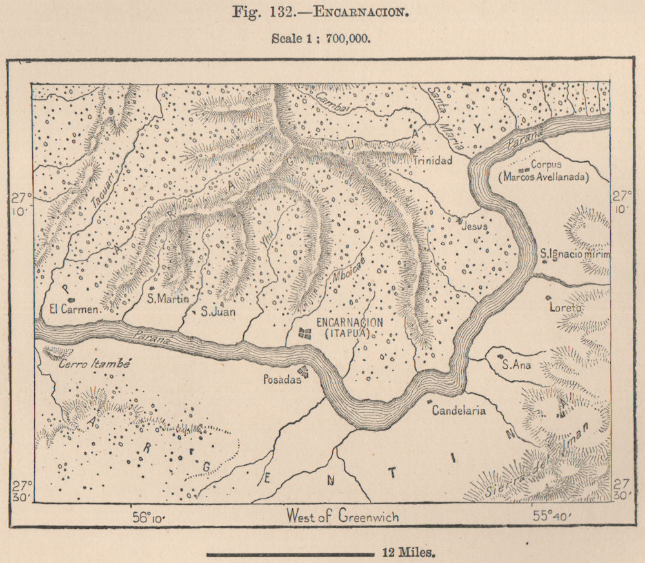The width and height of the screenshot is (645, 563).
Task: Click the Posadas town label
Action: [281, 380]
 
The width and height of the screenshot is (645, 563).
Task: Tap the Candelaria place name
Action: [459, 410]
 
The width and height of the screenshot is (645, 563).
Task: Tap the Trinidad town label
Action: [433, 161]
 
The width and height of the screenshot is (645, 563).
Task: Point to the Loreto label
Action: [565, 308]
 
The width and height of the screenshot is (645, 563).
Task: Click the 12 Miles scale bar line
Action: [290, 553]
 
